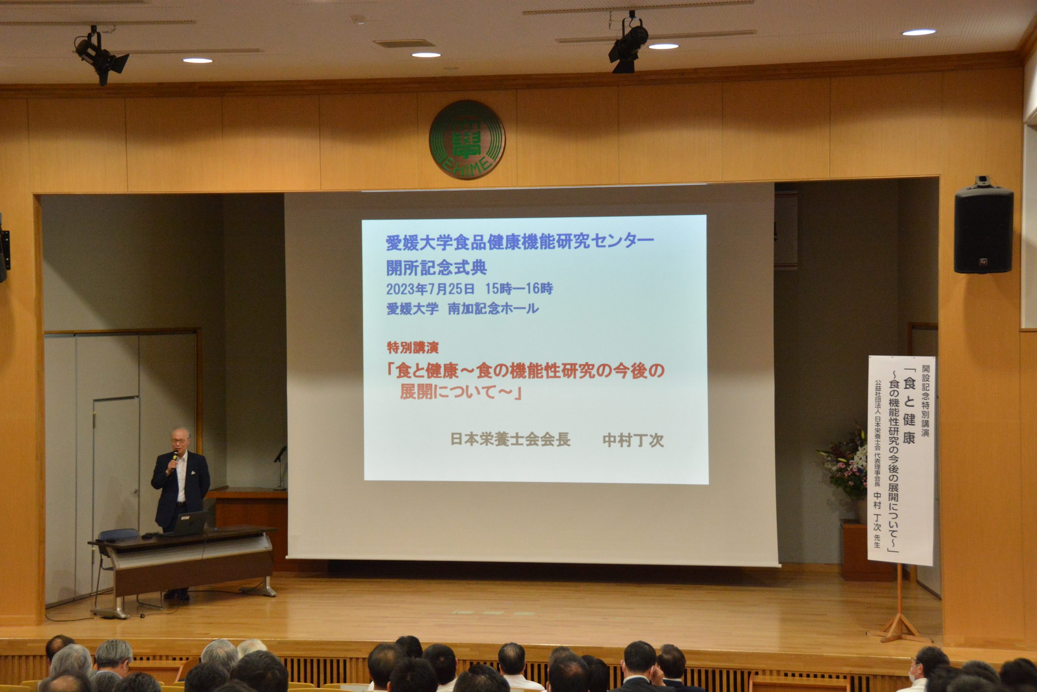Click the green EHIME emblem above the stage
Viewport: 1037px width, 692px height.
click(467, 139)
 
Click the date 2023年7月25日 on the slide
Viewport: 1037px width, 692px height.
click(430, 289)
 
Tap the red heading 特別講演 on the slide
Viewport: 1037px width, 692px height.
click(412, 348)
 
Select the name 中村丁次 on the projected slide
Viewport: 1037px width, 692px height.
click(633, 440)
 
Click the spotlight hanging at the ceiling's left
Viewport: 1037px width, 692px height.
click(100, 55)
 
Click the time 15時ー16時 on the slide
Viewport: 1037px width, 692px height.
click(519, 289)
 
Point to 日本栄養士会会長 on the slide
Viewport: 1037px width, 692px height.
click(510, 439)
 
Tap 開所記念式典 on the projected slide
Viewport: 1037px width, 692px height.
click(437, 268)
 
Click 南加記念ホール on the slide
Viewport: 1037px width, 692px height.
click(493, 309)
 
